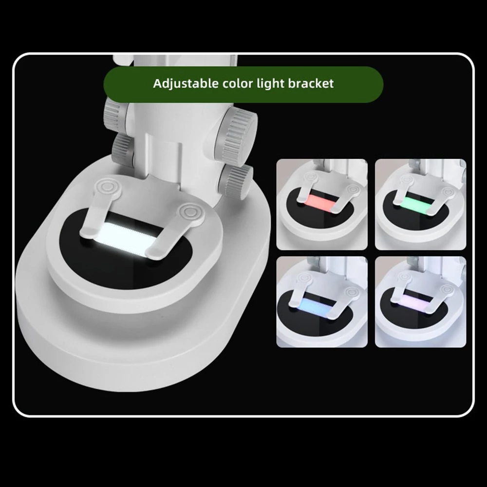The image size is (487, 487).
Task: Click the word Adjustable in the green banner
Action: tap(186, 84)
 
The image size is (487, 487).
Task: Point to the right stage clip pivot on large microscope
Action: tap(189, 212)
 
